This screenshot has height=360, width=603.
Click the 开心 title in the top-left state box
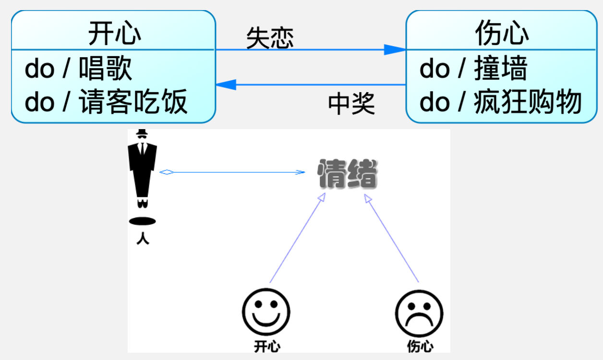point(114,33)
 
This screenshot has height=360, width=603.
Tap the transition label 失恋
point(269,38)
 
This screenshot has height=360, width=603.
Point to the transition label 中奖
point(351,103)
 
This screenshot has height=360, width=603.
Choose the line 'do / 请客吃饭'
point(106,102)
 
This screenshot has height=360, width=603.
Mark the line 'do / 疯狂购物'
point(500,102)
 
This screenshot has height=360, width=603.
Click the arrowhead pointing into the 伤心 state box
point(396,49)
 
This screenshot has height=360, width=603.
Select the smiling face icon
point(266,312)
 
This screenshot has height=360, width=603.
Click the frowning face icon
point(419,313)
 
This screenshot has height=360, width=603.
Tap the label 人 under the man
point(143,238)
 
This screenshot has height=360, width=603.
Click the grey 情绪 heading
point(348,173)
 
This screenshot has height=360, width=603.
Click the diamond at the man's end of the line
point(167,172)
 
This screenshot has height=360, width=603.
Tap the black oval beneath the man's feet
point(143,221)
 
